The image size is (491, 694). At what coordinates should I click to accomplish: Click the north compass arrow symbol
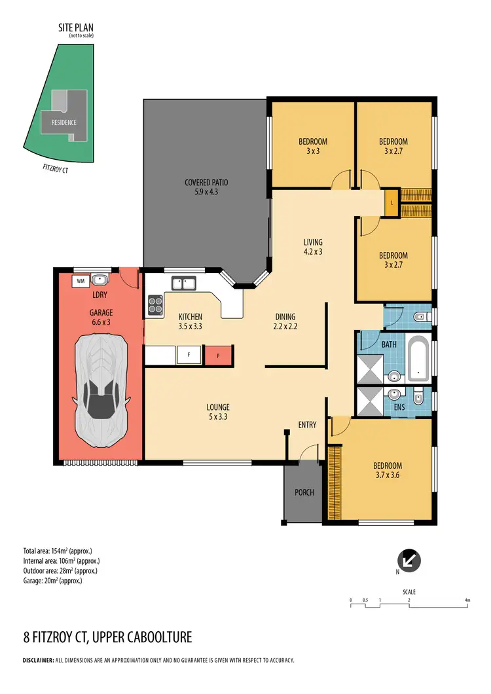tap(409, 560)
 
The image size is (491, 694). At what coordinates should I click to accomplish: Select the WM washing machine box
tap(81, 281)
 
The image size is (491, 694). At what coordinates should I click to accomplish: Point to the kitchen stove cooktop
tap(156, 304)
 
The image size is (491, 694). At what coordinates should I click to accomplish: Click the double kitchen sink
tap(183, 283)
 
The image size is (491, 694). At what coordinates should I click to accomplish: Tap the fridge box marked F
tap(189, 356)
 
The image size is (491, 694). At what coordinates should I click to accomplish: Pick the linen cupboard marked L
tap(391, 202)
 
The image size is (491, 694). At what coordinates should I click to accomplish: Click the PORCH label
tap(304, 493)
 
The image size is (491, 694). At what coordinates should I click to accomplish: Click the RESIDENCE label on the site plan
tap(60, 122)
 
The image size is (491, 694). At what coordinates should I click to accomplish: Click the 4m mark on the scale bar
tap(467, 600)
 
